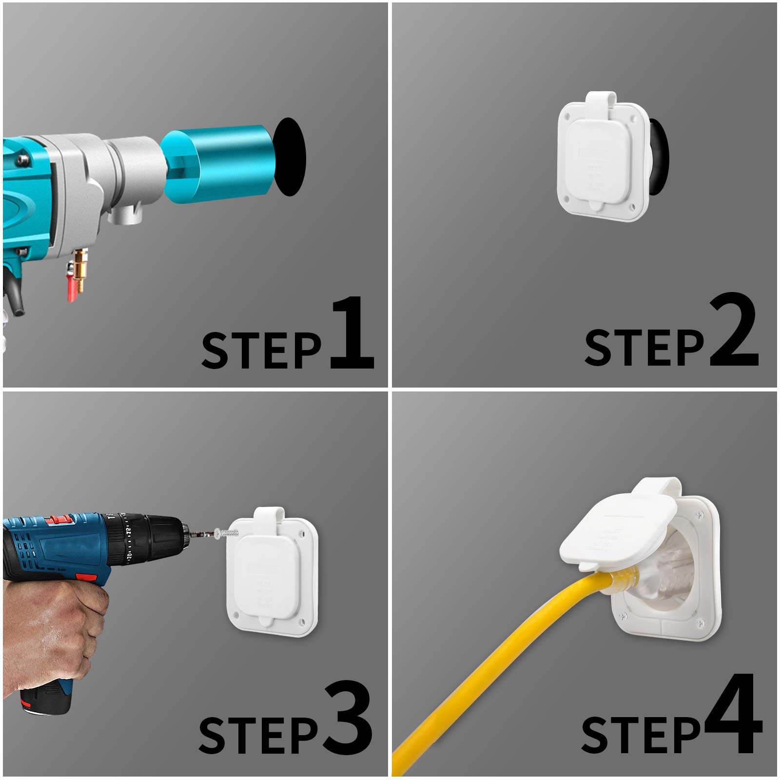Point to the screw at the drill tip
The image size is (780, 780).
(x=227, y=533)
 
